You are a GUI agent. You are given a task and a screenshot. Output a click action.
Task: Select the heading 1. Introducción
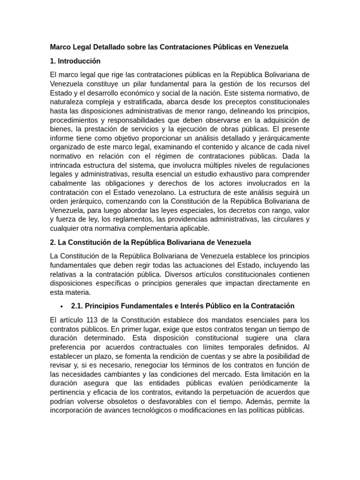[x=75, y=61]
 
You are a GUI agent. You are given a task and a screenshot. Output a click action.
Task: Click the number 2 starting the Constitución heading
[x=52, y=242]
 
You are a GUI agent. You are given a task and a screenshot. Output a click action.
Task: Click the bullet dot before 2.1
[x=62, y=306]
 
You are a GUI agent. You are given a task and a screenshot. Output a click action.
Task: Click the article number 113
[x=88, y=320]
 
